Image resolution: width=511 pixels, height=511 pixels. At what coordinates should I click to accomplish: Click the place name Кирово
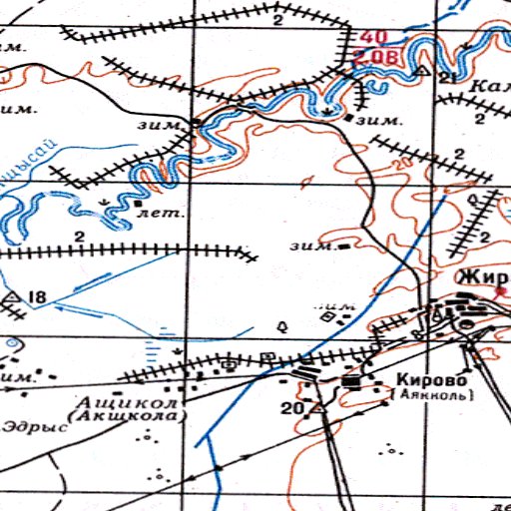[431, 379]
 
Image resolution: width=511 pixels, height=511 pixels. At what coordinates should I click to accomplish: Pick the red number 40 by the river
[375, 37]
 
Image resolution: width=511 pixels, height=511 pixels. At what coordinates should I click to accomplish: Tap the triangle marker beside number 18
[13, 297]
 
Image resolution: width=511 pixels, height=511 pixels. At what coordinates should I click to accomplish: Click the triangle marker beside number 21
[422, 73]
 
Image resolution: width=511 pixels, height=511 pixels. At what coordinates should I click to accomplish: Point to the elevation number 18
[38, 297]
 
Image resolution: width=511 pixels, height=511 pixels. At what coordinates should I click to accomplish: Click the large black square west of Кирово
[350, 381]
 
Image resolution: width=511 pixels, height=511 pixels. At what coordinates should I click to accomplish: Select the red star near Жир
[500, 292]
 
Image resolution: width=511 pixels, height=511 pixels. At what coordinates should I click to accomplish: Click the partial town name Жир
[477, 276]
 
